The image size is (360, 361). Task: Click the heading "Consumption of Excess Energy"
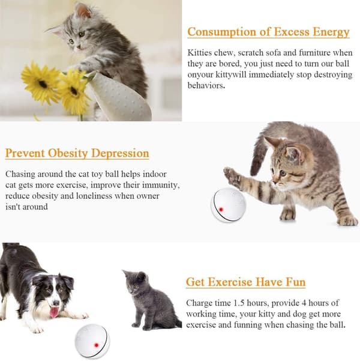point(268,32)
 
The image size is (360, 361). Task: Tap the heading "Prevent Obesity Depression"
point(77,153)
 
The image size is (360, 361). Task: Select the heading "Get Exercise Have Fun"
point(245,282)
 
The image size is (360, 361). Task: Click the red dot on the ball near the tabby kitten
point(221,209)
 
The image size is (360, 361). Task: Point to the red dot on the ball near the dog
point(97,345)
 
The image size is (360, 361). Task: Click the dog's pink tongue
point(54,312)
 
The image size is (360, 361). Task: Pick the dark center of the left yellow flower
point(43,84)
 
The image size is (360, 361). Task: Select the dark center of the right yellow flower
point(74,91)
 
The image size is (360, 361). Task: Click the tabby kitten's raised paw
point(232,175)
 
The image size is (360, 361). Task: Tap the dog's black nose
point(56,303)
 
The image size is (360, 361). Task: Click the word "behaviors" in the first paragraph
point(205,86)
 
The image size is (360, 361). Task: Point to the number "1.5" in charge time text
point(239,303)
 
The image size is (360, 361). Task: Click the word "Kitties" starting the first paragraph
point(199,53)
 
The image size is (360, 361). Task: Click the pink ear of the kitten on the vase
point(83,10)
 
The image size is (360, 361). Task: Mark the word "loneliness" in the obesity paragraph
point(94,196)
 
